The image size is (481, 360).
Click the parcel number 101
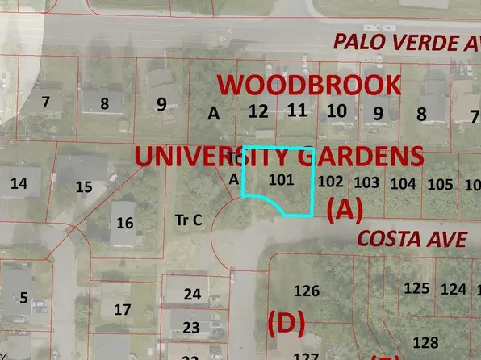tap(281, 179)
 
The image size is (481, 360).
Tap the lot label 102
tap(331, 182)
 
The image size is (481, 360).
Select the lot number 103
tap(366, 182)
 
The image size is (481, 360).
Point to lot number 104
tap(403, 183)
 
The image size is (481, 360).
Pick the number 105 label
tap(440, 185)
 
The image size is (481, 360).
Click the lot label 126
tap(307, 291)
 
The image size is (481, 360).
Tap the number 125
tap(416, 288)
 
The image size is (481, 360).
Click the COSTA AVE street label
tap(412, 239)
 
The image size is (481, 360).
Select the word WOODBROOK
tap(310, 85)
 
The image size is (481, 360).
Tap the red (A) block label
tap(345, 210)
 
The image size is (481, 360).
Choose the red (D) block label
tap(286, 324)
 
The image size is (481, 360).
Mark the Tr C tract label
tap(187, 219)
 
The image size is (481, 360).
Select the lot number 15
tap(84, 187)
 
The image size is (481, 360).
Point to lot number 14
tap(19, 183)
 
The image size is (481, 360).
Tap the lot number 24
tap(192, 295)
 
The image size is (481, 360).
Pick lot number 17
tap(122, 309)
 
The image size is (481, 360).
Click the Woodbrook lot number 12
tap(258, 111)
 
